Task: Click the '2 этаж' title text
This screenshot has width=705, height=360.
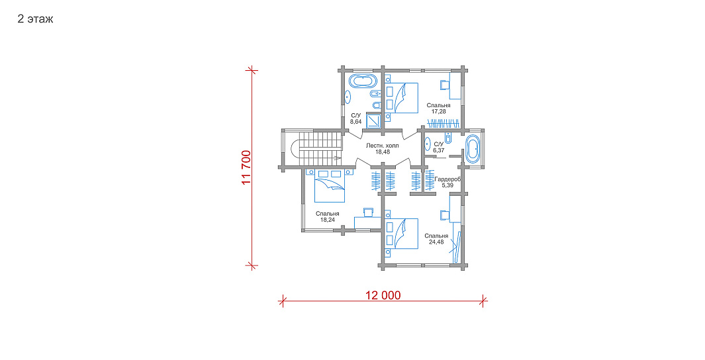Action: tap(36, 19)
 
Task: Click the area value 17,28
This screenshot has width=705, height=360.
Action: tap(438, 111)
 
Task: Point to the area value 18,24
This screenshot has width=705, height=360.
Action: tap(327, 220)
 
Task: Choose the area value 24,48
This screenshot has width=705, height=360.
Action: tap(436, 242)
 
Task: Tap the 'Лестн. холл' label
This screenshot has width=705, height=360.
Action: tap(382, 146)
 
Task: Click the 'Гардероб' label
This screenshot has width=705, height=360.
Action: tap(447, 179)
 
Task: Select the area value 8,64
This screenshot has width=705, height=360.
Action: tap(356, 122)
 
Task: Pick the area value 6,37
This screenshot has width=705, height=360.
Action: tap(439, 151)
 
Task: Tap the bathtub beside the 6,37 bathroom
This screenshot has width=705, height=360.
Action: tap(473, 148)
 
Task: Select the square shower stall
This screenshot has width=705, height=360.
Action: tap(373, 120)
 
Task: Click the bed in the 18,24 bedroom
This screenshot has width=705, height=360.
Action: tap(330, 185)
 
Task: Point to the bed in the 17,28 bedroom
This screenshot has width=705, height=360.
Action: tap(402, 97)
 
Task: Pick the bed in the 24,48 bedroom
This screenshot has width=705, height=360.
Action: tap(402, 234)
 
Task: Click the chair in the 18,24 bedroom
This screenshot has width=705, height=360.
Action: tap(368, 212)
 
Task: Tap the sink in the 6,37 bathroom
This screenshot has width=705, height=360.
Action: tap(427, 144)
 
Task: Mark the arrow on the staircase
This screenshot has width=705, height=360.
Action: tap(337, 157)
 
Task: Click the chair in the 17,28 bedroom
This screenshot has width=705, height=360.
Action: tap(445, 85)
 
